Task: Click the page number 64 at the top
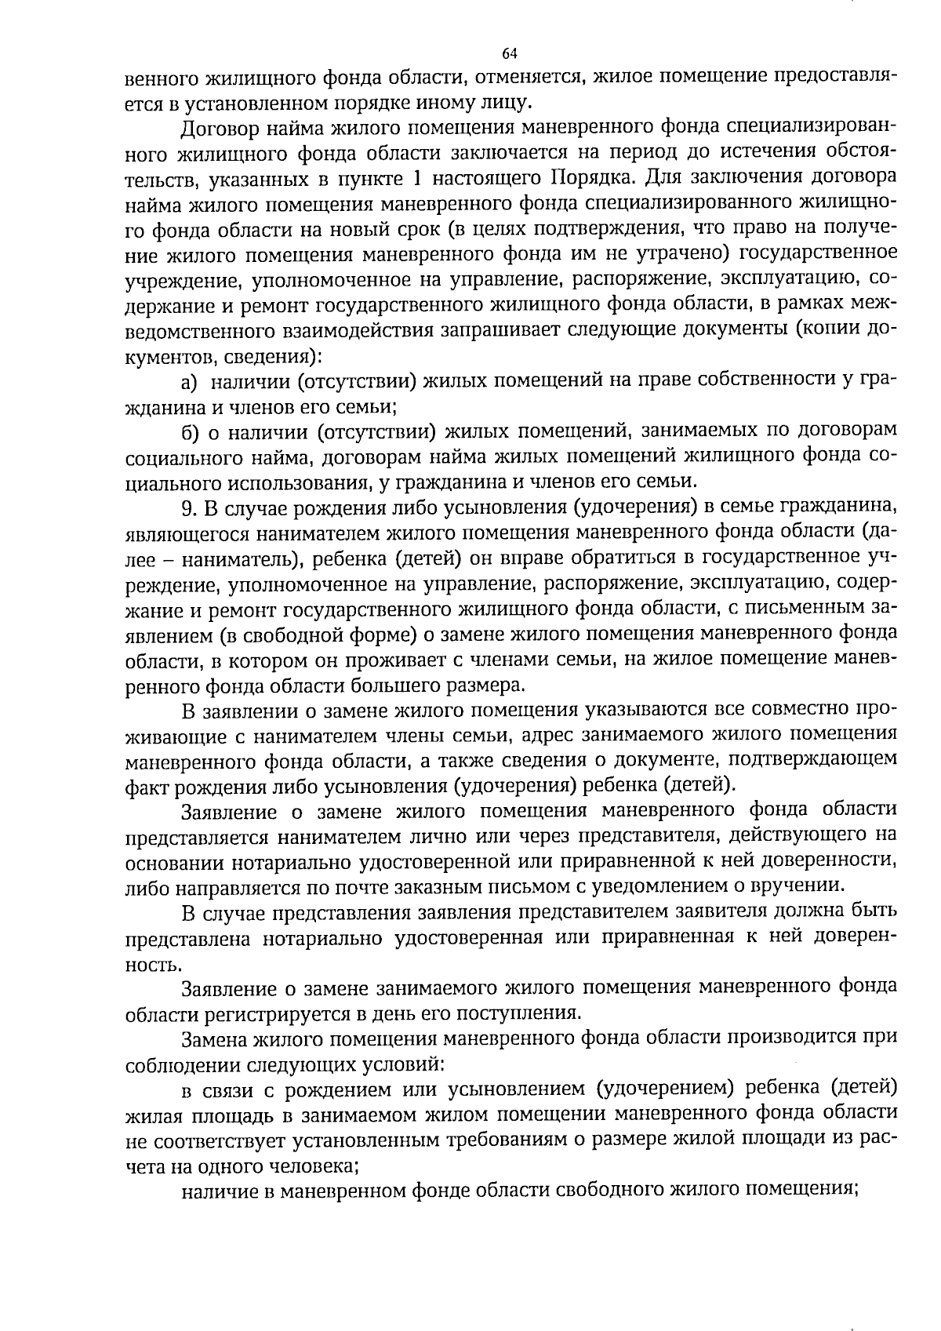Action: [509, 54]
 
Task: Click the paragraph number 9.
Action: [187, 507]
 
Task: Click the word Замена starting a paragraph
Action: [213, 1038]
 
